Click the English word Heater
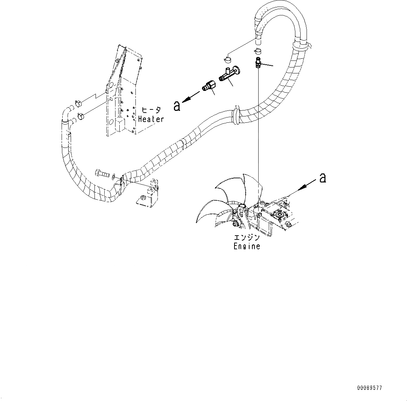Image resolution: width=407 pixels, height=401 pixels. click(x=151, y=119)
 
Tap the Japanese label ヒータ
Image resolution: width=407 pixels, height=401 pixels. click(x=151, y=110)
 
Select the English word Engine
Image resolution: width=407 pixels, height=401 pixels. click(x=247, y=246)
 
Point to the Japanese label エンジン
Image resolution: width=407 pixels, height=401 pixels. click(x=247, y=238)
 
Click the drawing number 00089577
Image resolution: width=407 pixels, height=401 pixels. click(x=370, y=388)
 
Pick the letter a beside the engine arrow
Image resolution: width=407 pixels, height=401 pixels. click(x=323, y=178)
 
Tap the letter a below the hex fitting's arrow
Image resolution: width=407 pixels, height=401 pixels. click(x=177, y=106)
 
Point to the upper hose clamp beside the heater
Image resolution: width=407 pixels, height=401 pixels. click(x=78, y=103)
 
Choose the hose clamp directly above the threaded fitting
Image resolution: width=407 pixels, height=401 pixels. click(x=258, y=51)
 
